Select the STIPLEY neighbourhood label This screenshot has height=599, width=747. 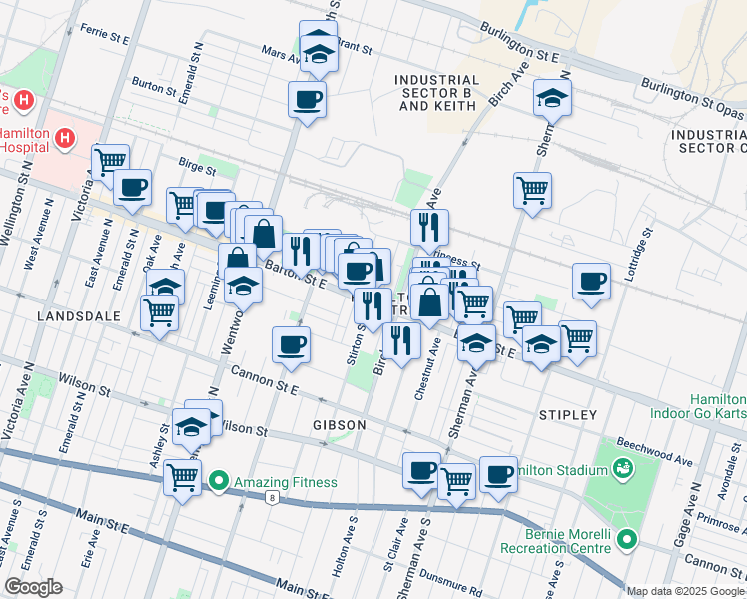point(567,414)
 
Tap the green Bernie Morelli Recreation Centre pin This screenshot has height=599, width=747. point(626,540)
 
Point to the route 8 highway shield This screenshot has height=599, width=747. point(270,496)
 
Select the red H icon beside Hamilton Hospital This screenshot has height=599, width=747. point(65,138)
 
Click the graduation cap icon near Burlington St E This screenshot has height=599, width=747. point(550,97)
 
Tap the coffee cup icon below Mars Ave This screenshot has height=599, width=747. point(307,99)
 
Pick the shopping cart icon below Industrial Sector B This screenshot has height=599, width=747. point(533,188)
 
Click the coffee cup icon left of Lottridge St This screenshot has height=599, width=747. point(591,281)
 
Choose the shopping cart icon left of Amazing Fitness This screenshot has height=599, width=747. point(182,477)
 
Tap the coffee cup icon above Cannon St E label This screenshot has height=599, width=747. point(291,345)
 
